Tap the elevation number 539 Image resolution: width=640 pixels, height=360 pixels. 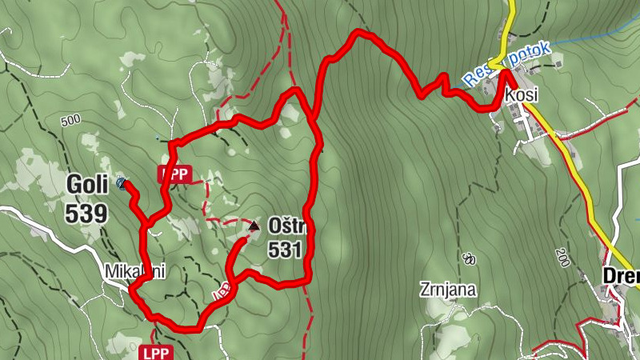click(87, 213)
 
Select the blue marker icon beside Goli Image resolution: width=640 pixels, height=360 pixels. click(121, 183)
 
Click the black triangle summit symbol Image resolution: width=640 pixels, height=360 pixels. click(254, 226)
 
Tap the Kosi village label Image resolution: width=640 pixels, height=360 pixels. click(522, 94)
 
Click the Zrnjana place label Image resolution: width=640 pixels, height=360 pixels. click(447, 290)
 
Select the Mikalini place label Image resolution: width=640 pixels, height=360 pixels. click(134, 272)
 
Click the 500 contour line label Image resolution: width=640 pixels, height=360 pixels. click(70, 120)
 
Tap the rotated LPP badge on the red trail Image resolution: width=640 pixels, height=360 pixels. click(222, 290)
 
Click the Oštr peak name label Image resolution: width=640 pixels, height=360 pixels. click(285, 226)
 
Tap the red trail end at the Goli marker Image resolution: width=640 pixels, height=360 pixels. click(126, 186)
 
